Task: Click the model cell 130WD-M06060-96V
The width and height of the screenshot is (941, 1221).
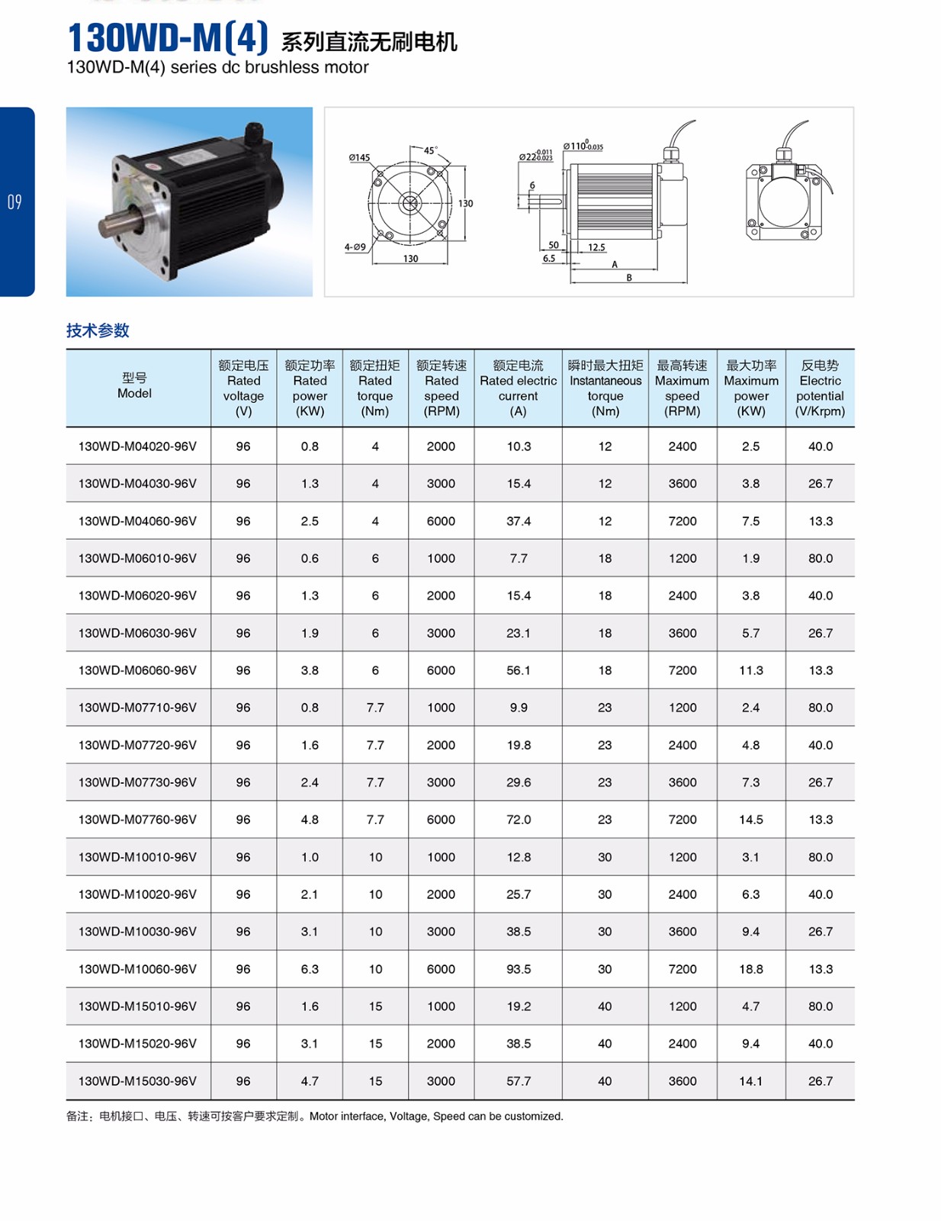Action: [137, 670]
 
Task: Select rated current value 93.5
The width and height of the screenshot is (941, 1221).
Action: [519, 969]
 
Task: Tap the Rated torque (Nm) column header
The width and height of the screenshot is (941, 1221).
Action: [375, 388]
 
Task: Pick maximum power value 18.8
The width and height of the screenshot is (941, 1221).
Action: [751, 969]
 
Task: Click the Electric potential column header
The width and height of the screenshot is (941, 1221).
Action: [820, 388]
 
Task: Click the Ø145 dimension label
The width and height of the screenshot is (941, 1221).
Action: [359, 158]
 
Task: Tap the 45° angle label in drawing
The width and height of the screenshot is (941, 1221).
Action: [431, 151]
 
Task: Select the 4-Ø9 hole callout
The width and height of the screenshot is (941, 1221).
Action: [355, 247]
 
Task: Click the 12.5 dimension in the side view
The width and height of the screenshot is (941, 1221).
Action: [596, 247]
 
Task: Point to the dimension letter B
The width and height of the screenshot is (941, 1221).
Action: [629, 278]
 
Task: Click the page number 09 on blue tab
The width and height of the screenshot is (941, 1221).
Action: [14, 202]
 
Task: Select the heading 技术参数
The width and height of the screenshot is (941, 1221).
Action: [98, 330]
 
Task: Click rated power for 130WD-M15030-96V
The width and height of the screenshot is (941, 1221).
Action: [310, 1081]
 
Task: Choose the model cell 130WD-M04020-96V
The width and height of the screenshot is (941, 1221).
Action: [137, 446]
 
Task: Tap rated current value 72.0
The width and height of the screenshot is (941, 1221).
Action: [519, 820]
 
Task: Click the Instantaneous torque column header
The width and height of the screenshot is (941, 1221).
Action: [605, 388]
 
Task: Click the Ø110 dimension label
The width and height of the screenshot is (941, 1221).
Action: [583, 146]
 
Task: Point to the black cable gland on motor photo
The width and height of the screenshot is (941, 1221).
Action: [255, 137]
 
